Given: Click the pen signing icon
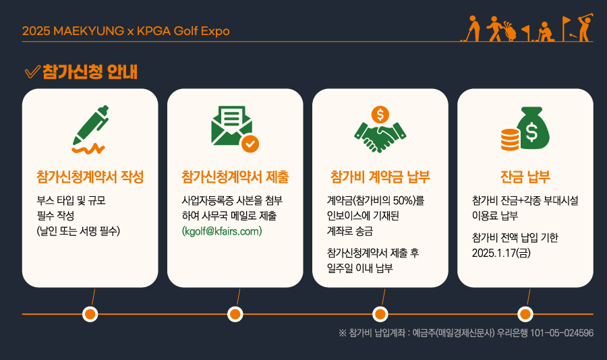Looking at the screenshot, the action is tap(90, 129).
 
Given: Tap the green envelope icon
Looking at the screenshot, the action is tap(231, 126).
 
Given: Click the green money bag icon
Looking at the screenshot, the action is tap(534, 128).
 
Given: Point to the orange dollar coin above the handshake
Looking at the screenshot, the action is tap(380, 115).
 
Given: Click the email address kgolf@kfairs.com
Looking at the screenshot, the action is tap(222, 231).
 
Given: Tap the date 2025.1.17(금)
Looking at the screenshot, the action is tap(501, 253).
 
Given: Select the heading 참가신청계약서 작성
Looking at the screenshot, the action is tap(90, 177).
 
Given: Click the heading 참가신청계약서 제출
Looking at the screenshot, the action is tap(235, 177).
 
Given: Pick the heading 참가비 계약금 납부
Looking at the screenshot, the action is tap(380, 177).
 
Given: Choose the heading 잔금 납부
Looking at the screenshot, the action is tap(525, 177).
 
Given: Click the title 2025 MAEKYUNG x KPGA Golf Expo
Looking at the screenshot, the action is tap(126, 31).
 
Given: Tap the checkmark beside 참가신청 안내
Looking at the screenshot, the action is tap(32, 71).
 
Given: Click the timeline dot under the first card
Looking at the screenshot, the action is tap(90, 314).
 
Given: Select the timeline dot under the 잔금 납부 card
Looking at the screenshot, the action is tap(525, 314).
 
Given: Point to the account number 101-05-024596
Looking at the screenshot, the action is tap(561, 333).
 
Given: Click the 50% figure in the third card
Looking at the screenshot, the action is tap(403, 200).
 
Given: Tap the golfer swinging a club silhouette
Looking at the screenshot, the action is tap(585, 28).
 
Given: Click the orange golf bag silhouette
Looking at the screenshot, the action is tap(510, 31).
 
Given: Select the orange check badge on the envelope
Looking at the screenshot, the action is tap(250, 144).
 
